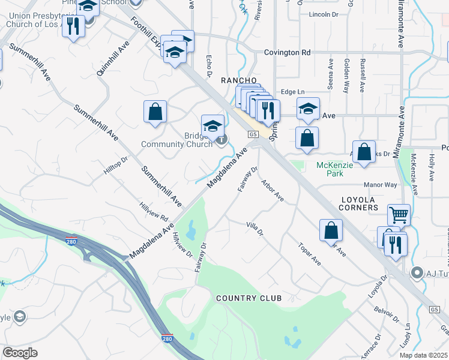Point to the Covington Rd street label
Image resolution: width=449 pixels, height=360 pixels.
(x=288, y=53)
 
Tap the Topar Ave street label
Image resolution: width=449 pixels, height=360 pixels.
(x=309, y=254)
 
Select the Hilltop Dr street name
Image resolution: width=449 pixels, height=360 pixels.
(x=116, y=166)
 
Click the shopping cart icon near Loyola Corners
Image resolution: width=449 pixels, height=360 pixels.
(x=399, y=214)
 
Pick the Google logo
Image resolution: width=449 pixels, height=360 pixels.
(x=20, y=353)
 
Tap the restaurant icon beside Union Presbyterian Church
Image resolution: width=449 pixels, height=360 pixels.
(x=73, y=26)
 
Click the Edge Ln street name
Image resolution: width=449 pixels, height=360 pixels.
(x=293, y=92)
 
